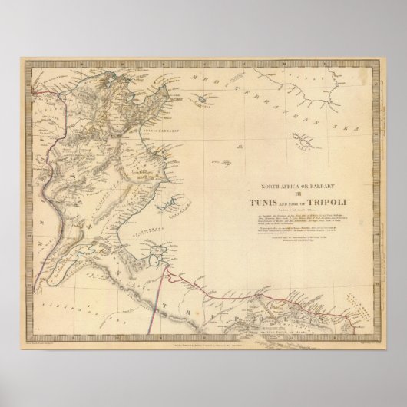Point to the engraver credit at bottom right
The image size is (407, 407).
pos(349,335)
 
